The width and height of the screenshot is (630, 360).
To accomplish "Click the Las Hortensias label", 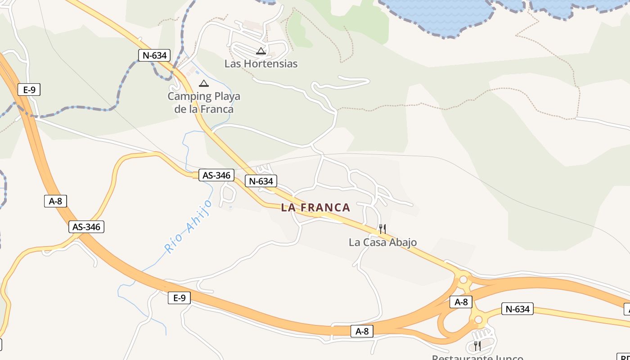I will pos(261,63).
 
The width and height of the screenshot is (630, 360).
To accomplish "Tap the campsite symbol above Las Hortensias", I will pos(261,51).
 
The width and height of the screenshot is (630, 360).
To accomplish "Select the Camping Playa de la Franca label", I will pos(204,103).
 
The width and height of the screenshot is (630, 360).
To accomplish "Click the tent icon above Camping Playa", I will pos(204,83).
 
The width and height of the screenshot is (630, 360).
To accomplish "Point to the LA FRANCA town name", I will pos(315,207).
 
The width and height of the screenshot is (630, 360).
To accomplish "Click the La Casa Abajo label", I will pos(382,242).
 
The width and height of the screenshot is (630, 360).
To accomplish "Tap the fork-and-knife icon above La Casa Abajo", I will pos(382,229).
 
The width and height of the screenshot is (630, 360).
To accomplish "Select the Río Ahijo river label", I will pos(189,227).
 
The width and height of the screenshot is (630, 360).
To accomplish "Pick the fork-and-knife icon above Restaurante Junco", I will pos(477,346).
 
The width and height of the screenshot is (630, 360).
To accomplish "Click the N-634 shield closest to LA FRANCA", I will pos(261,181).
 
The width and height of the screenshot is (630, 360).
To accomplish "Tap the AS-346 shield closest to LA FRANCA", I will pos(216,175).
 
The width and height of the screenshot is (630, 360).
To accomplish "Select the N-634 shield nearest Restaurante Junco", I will pos(517,309).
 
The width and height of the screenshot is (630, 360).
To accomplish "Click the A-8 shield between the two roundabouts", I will pos(461,302).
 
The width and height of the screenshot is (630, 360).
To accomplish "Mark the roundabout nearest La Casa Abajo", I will pos(463,280).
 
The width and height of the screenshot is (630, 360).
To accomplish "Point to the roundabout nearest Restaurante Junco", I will pos(478,320).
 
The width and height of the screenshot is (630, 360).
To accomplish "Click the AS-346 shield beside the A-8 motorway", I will pos(86,227).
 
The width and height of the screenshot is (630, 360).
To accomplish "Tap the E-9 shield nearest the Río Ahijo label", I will pos(180,297).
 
